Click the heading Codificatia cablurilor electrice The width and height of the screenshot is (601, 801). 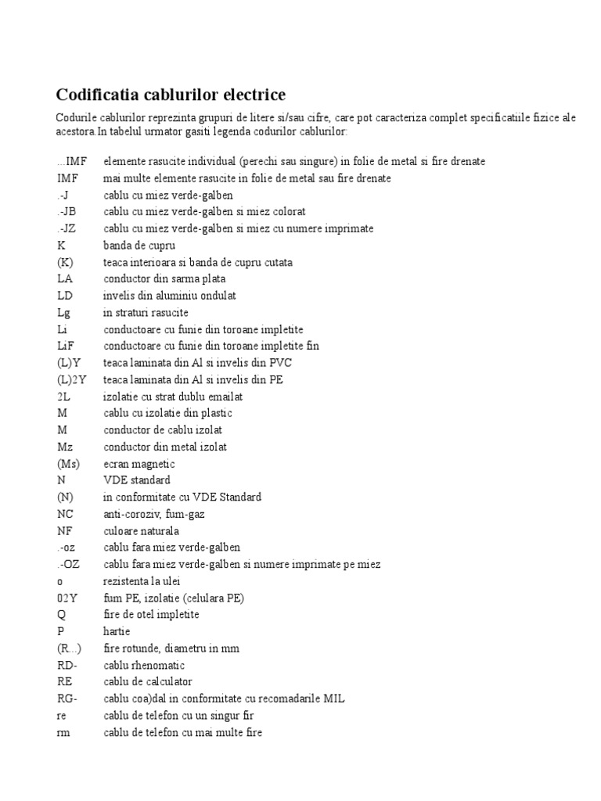(171, 95)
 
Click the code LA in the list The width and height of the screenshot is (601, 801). (64, 278)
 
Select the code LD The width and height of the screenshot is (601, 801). (64, 296)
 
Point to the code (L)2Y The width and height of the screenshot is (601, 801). (71, 379)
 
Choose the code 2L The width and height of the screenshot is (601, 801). (63, 397)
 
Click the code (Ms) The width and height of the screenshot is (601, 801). (69, 464)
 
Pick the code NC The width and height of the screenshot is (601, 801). (65, 514)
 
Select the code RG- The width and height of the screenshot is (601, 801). (67, 699)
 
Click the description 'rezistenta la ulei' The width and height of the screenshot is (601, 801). (145, 581)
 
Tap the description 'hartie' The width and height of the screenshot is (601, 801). (117, 631)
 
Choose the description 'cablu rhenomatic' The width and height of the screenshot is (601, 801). (144, 665)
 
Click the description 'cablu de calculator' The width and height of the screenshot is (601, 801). (147, 682)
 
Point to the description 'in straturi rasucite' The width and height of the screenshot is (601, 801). (146, 312)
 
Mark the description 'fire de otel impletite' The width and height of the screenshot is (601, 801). (151, 615)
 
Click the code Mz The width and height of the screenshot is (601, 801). (65, 447)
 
